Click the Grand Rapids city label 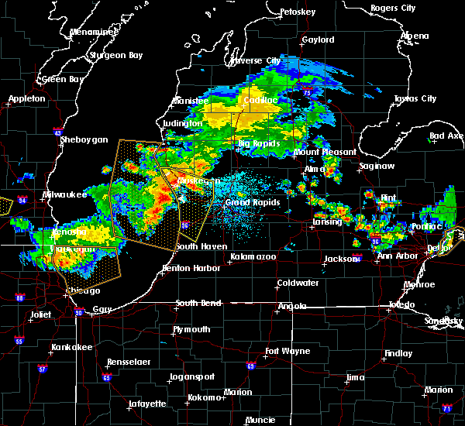[x=247, y=203]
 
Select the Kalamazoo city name [x=253, y=257]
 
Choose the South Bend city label [x=199, y=303]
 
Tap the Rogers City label [x=394, y=8]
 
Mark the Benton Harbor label [x=185, y=269]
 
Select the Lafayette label [x=146, y=404]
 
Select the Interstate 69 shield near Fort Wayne [x=250, y=366]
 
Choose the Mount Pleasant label [x=325, y=153]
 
